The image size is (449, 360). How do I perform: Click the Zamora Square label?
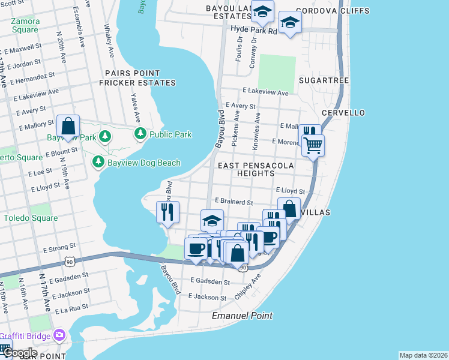tap(25, 25)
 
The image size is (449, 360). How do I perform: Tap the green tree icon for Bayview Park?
tap(105, 137)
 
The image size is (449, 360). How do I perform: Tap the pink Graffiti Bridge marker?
tap(59, 335)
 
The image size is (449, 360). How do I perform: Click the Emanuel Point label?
tap(242, 316)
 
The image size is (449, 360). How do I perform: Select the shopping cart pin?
tap(313, 145)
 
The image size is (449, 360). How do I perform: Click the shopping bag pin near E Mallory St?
tap(68, 126)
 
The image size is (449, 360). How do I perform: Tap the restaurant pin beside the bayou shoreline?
tap(167, 211)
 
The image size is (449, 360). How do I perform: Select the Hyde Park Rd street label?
tap(254, 30)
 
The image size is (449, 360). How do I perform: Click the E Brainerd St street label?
tap(232, 203)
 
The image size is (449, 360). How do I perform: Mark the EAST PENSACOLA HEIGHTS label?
tap(255, 169)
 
